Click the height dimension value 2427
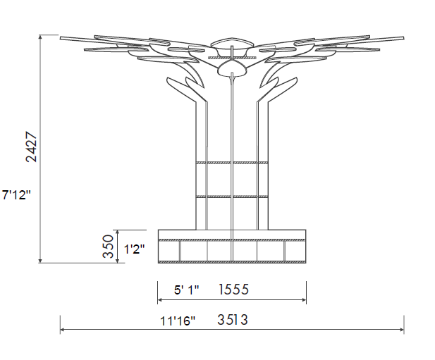pos(31,147)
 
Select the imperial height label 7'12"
pos(16,195)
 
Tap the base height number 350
pos(108,247)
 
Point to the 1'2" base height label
pos(134,249)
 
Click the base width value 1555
pos(233,290)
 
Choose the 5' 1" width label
pos(186,290)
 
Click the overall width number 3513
pos(232,320)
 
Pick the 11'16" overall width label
pos(178,321)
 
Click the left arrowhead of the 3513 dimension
pos(63,330)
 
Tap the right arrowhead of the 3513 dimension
pos(402,330)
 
